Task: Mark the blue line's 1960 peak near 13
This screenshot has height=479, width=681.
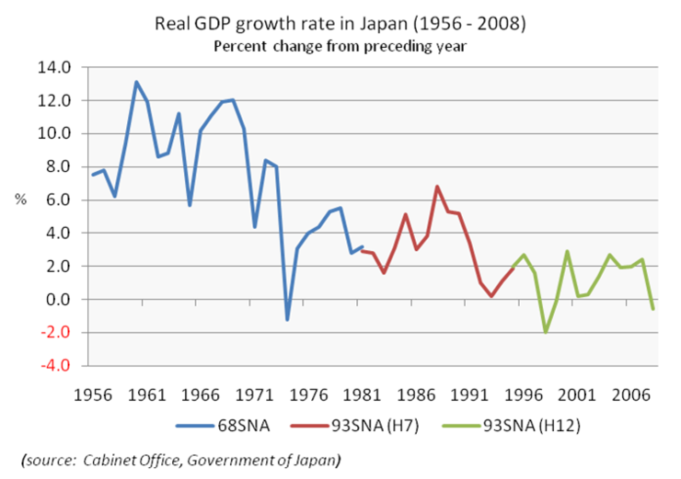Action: [136, 82]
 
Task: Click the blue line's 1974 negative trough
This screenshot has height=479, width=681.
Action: [288, 319]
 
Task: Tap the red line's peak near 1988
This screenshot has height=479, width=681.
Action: [437, 187]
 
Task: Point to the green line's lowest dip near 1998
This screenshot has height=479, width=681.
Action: [546, 331]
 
